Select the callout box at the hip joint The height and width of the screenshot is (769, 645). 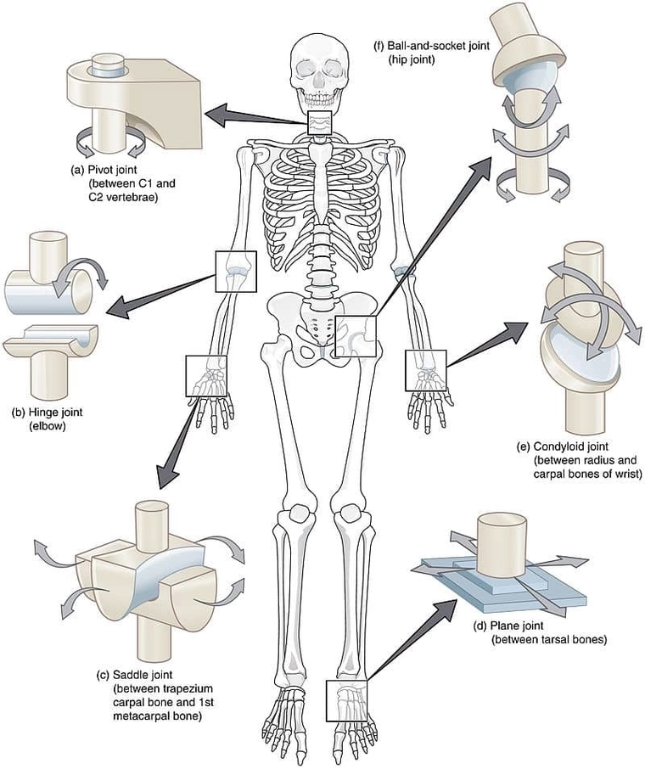pyautogui.click(x=354, y=335)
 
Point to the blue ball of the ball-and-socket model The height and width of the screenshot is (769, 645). pyautogui.click(x=524, y=86)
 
